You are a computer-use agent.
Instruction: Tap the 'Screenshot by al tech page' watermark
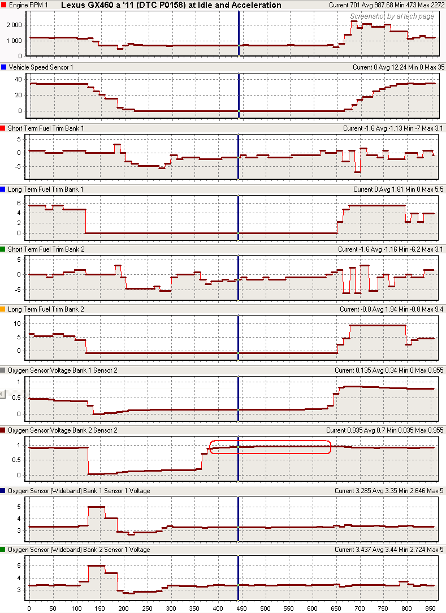(392, 16)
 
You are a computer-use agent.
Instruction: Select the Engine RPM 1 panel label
(28, 5)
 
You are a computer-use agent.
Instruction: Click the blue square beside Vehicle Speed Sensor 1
(4, 67)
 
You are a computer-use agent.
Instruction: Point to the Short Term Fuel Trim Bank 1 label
(46, 128)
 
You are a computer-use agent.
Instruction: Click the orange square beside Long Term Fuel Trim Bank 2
(4, 309)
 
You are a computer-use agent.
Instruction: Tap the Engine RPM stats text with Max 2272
(383, 5)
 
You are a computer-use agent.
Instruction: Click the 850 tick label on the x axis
(431, 608)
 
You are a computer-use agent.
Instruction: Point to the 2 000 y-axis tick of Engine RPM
(15, 25)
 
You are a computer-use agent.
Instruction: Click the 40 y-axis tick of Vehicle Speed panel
(18, 80)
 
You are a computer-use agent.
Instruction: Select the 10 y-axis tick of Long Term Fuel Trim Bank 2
(18, 323)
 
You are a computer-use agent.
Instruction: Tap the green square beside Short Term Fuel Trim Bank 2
(4, 249)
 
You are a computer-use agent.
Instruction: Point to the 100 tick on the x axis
(76, 608)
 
